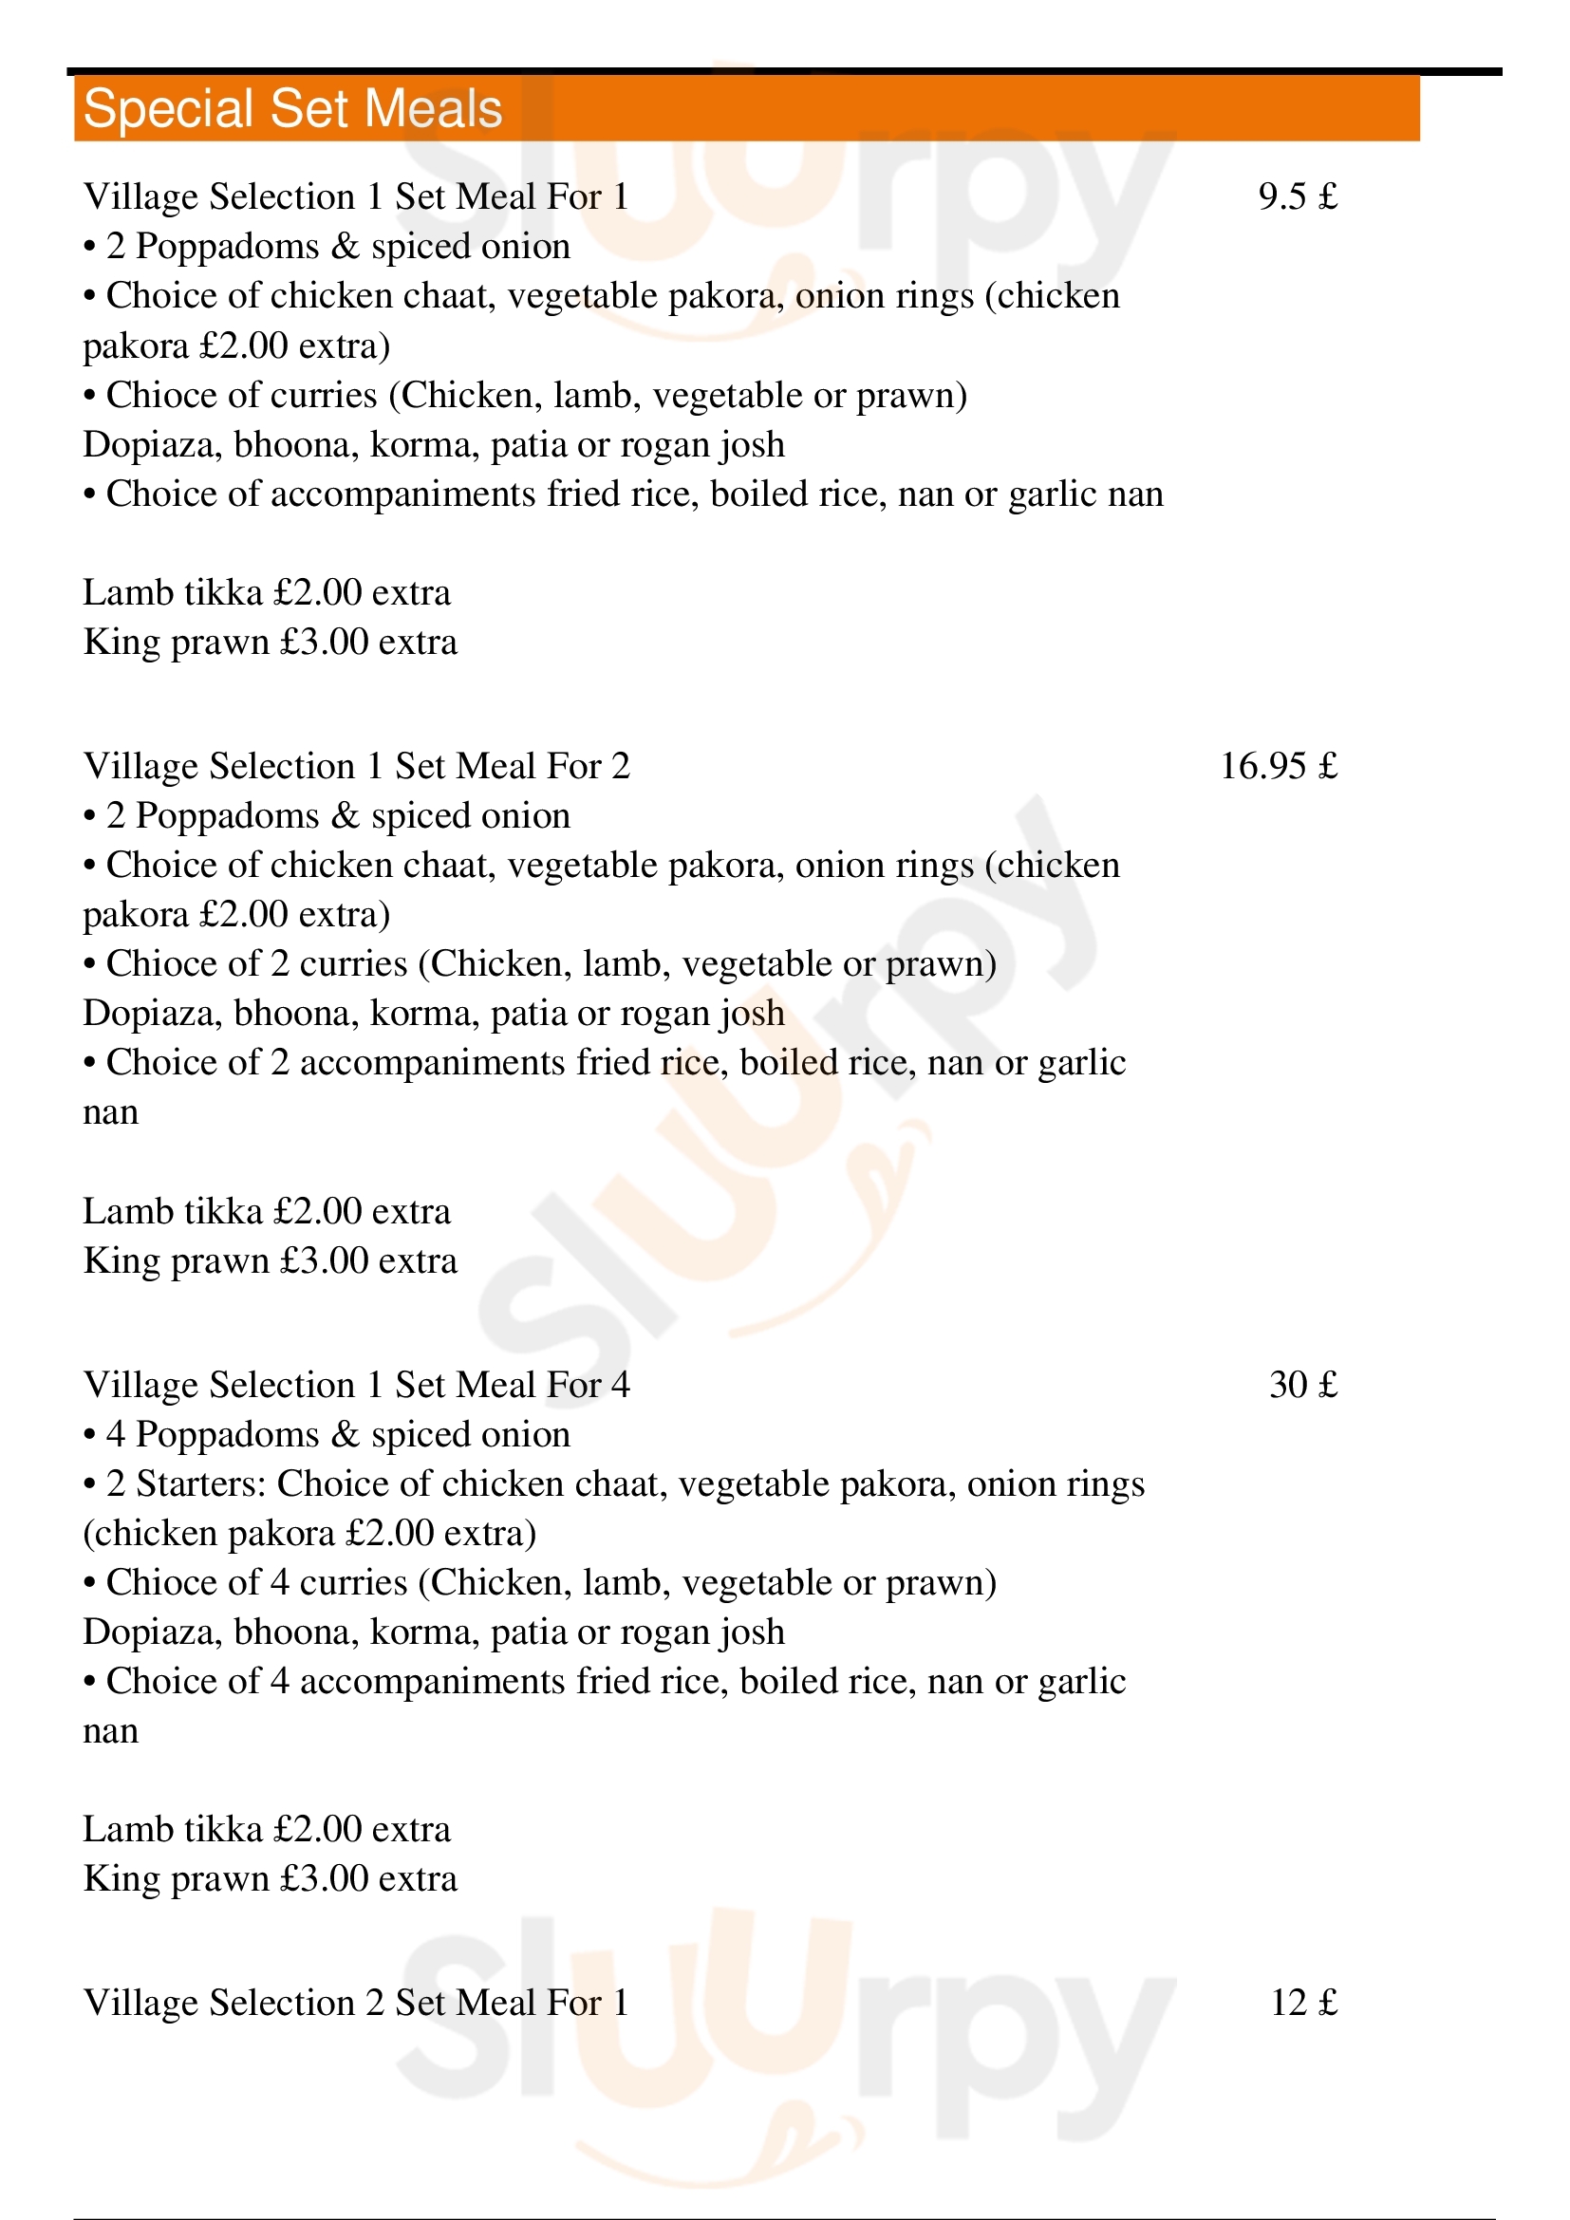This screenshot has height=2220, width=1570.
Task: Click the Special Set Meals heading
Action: click(292, 108)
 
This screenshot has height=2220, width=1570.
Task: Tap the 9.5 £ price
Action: click(1298, 197)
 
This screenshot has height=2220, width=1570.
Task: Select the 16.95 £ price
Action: click(1278, 767)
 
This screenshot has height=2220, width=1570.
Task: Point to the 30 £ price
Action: click(1303, 1385)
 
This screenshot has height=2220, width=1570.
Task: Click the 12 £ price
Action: click(1303, 2002)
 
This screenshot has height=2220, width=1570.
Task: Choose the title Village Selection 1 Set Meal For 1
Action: click(356, 197)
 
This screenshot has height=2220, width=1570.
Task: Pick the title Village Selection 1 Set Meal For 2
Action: click(356, 767)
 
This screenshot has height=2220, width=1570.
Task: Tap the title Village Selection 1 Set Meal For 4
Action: click(356, 1385)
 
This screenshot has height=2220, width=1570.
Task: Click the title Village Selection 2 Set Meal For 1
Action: click(356, 2002)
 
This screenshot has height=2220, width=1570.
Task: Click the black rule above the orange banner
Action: click(783, 70)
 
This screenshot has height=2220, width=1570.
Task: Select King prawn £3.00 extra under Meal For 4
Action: click(270, 1878)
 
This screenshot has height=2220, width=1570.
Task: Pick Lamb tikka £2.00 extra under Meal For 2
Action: click(267, 1211)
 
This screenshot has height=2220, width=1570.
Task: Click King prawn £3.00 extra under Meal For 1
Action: click(270, 642)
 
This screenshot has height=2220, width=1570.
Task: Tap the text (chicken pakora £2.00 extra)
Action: click(309, 1534)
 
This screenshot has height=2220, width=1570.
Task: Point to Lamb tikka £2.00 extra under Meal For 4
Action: click(267, 1829)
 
